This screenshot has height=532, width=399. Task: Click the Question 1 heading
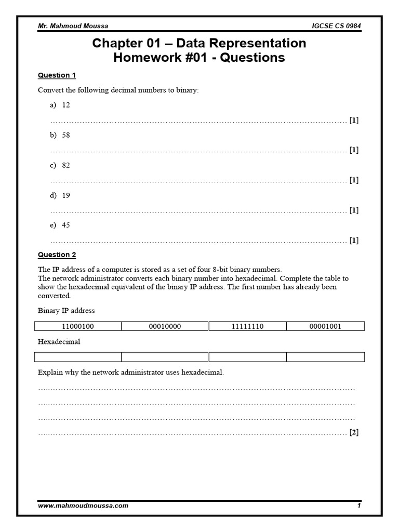[57, 75]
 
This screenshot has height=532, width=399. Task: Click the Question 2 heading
[57, 255]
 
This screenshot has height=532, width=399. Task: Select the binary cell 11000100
[77, 326]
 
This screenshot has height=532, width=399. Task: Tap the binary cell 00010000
[165, 326]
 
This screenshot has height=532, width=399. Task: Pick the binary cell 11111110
[247, 326]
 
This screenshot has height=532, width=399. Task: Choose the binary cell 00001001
[325, 326]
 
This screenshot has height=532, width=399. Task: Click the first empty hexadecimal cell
[77, 357]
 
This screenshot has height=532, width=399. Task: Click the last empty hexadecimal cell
[325, 357]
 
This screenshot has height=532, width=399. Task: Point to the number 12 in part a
[65, 105]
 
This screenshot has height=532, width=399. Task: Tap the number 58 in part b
[65, 135]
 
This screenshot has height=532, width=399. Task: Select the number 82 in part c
[65, 165]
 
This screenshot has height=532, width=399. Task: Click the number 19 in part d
[65, 195]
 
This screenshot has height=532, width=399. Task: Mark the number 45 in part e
[65, 225]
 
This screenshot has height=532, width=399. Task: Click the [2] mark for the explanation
[354, 432]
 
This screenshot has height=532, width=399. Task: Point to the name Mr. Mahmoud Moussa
[73, 26]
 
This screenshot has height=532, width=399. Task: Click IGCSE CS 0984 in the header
[336, 26]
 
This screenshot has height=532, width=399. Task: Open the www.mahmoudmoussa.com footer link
[83, 506]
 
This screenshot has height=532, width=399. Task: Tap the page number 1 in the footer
[358, 506]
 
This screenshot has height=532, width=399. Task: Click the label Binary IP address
[66, 311]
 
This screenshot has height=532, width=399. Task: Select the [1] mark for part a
[354, 121]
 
